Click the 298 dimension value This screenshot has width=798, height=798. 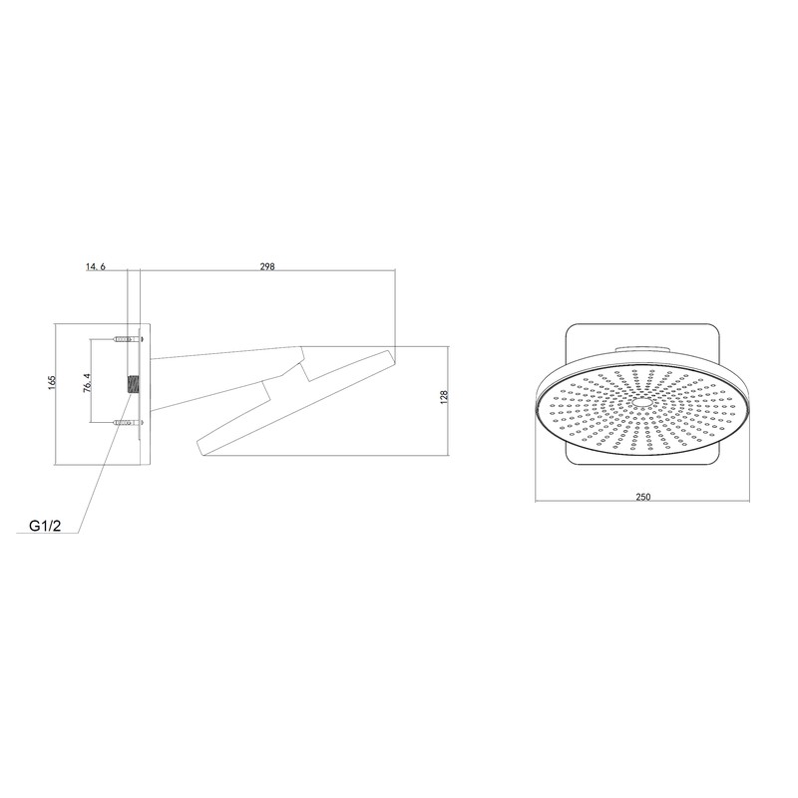[x=266, y=266]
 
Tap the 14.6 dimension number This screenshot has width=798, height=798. [x=95, y=266]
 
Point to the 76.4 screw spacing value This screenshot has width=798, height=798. [x=88, y=383]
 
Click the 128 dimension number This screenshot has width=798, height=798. [x=444, y=396]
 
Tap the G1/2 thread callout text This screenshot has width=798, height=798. [x=46, y=524]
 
